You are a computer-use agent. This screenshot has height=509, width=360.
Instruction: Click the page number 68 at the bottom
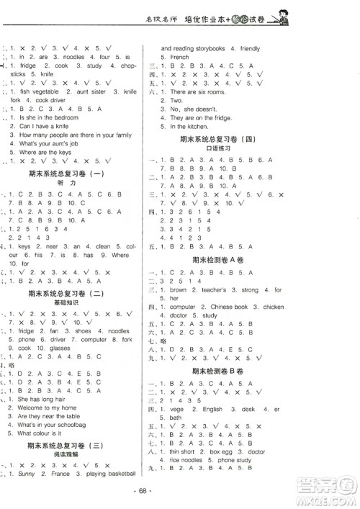click(x=180, y=500)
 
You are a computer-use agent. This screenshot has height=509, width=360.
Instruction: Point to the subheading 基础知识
click(x=70, y=303)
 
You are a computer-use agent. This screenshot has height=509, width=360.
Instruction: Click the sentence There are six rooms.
click(x=197, y=92)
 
